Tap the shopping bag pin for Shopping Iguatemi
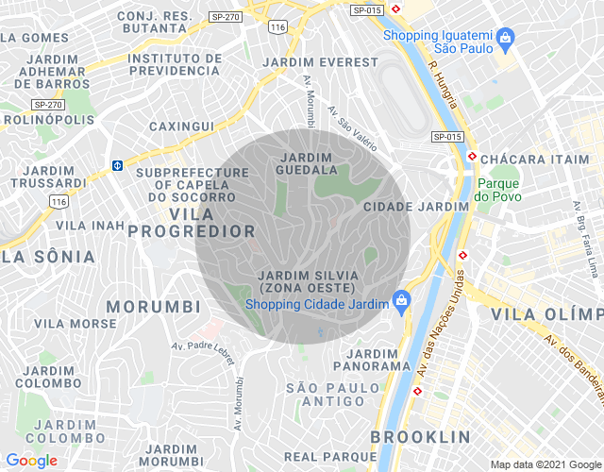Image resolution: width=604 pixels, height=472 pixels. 507,38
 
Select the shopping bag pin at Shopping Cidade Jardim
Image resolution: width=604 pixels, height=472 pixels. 400,301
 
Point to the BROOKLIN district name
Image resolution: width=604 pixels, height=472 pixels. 420,437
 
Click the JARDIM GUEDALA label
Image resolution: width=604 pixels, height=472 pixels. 306,163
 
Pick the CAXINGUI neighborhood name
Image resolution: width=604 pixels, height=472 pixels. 181,126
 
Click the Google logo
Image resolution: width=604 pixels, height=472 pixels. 32,460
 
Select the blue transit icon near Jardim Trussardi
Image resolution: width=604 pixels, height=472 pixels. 117,165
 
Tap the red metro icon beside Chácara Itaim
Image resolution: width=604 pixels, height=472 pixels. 472,157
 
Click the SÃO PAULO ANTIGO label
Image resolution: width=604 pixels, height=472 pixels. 325,395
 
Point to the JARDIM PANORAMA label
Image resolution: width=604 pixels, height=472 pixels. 372,360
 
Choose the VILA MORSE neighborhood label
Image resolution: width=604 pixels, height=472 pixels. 75,324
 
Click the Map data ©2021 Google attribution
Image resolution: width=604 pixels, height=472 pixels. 545,464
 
